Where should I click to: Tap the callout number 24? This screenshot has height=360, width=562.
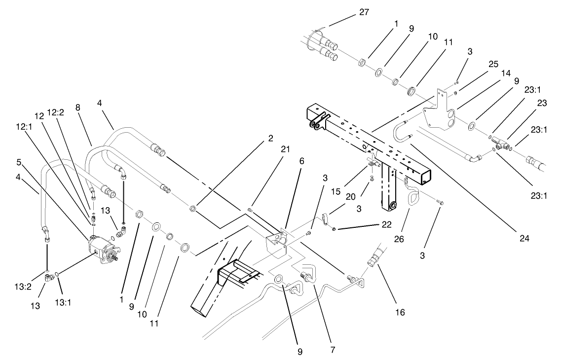coord(524,238)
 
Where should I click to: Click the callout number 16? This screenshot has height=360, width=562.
coord(399,312)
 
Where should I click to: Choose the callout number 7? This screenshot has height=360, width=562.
coord(332,350)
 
